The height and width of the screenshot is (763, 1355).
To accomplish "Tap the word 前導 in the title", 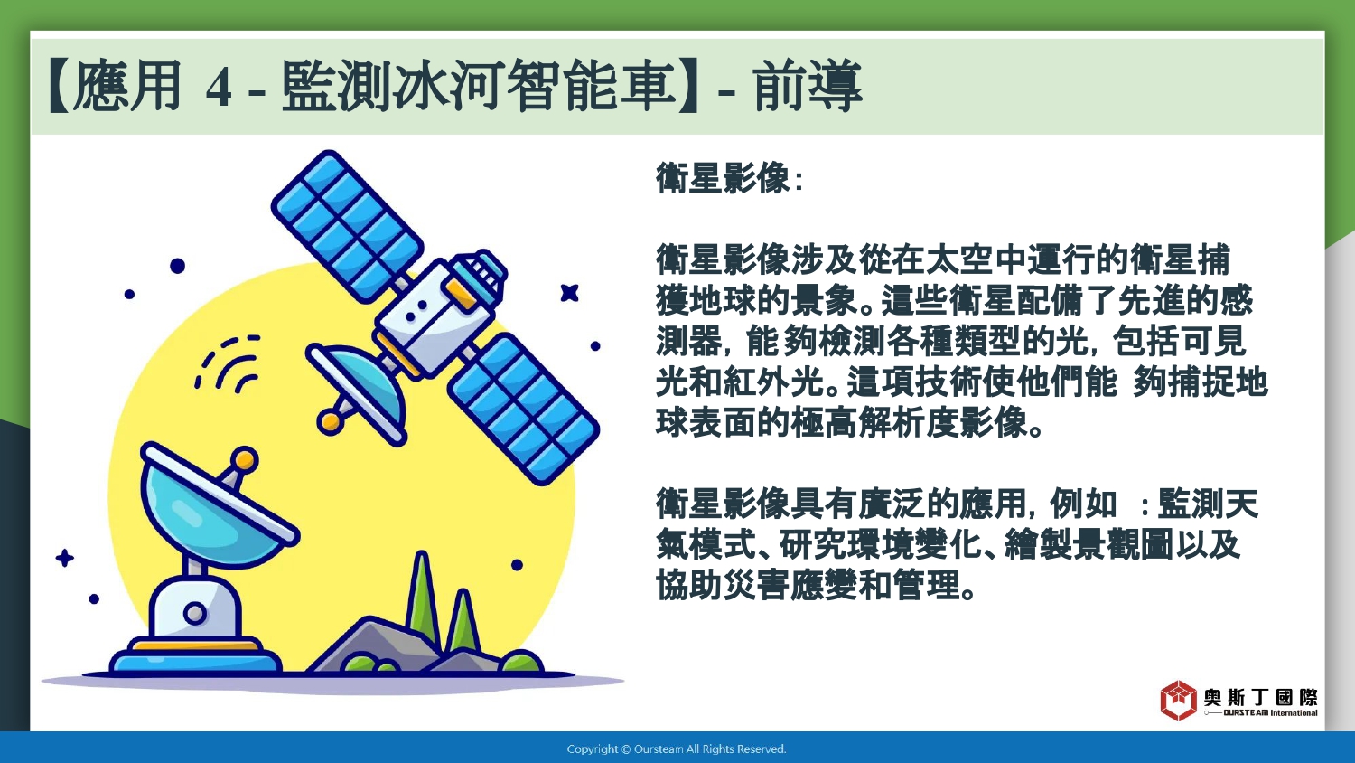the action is tap(807, 86).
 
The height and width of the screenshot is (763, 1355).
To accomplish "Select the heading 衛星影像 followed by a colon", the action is tap(730, 178).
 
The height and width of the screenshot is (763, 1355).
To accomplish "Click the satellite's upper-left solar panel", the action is tap(347, 226).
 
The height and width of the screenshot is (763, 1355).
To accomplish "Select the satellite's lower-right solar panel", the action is tap(523, 408).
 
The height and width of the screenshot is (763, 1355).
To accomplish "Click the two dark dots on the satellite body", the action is tap(416, 310).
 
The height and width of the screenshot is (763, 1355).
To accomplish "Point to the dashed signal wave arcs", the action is tap(228, 363).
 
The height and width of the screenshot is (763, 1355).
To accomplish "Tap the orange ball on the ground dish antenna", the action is tap(245, 459).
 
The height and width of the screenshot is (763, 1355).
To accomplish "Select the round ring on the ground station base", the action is tap(195, 614).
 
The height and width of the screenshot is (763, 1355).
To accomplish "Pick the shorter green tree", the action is tap(463, 621).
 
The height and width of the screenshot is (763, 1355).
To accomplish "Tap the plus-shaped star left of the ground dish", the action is tap(65, 558).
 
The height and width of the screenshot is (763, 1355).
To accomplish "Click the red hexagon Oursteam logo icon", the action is tap(1178, 700).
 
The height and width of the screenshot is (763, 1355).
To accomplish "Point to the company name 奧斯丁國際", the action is tap(1261, 697).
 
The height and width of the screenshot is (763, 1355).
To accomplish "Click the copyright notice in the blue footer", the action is tap(677, 749).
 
